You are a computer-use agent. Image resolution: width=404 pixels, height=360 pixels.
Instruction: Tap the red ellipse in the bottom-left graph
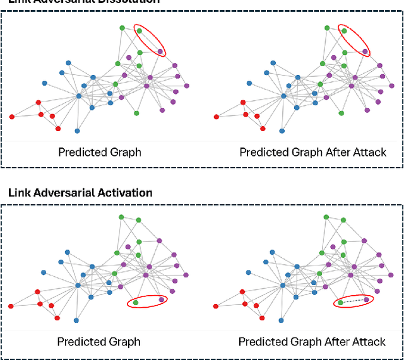tap(149, 301)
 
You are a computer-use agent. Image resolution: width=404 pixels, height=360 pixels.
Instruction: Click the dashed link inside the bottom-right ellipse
tap(353, 301)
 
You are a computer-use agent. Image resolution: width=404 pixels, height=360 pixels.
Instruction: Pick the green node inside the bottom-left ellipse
tap(136, 303)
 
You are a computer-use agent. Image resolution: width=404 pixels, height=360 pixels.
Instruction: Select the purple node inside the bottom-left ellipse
tap(162, 299)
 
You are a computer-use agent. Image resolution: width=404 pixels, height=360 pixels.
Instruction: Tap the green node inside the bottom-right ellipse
tap(340, 303)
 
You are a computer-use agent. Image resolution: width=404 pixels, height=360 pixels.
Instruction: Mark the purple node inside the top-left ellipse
tap(160, 52)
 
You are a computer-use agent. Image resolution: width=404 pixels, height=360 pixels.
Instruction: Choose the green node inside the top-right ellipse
tap(343, 29)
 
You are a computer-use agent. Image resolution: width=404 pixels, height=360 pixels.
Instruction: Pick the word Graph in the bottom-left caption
tap(124, 342)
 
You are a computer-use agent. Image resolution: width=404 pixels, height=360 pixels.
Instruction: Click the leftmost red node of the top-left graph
tap(12, 117)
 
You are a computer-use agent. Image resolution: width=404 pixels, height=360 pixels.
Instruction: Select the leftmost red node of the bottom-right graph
tap(216, 306)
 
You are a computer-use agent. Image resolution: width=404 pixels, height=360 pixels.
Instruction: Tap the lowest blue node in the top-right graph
tap(282, 131)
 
